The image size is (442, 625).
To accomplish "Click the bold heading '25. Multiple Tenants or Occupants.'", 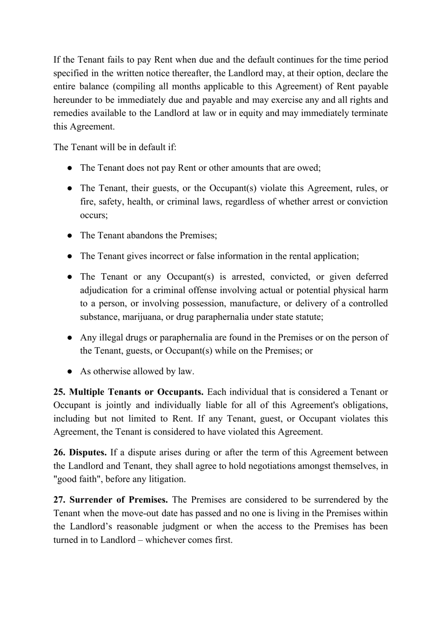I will click(x=128, y=392).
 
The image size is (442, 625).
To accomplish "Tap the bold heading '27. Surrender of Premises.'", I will click(x=111, y=500).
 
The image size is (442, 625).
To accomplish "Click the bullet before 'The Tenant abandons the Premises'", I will click(x=69, y=235).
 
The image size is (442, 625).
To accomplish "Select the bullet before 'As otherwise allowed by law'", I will click(x=69, y=371).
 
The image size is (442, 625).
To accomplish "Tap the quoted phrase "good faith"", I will click(x=73, y=479).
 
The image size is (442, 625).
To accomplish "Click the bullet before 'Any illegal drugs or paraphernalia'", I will click(x=69, y=338).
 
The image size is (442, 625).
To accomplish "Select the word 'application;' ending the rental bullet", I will click(x=335, y=256).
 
